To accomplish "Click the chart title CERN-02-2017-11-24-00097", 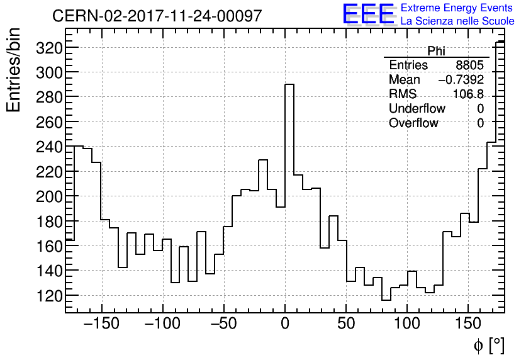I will click(x=157, y=16).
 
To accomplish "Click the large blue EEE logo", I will click(x=368, y=14).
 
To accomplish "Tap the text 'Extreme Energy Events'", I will click(x=457, y=8).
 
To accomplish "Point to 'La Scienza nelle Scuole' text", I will click(x=457, y=21).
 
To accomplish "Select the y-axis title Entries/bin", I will click(x=13, y=70).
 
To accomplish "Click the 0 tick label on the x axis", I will click(x=285, y=325).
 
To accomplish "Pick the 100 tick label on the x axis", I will click(x=407, y=325).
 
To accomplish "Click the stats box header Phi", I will click(x=436, y=51).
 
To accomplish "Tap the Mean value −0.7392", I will click(x=461, y=80).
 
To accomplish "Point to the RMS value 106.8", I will click(x=469, y=94).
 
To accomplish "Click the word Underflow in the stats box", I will click(x=417, y=109).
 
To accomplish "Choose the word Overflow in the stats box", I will click(x=413, y=123).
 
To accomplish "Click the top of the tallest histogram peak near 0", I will click(x=289, y=84).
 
